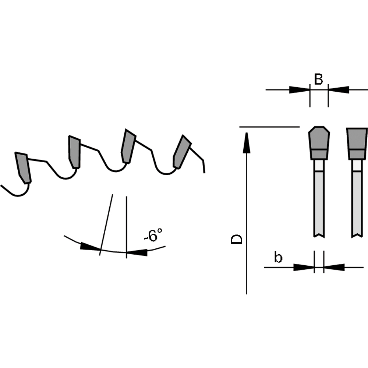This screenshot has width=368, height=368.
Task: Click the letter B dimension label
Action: point(318,79)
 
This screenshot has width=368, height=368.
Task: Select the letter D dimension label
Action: point(236,239)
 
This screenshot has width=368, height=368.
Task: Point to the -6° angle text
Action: point(153,234)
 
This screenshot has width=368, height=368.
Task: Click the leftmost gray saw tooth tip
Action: point(23,167)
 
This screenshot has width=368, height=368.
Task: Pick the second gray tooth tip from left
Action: point(74,152)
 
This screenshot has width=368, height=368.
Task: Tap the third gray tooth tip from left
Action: point(128,146)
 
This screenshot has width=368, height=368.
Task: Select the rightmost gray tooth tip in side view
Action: point(182,152)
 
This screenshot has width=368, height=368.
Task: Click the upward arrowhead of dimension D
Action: point(247,143)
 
